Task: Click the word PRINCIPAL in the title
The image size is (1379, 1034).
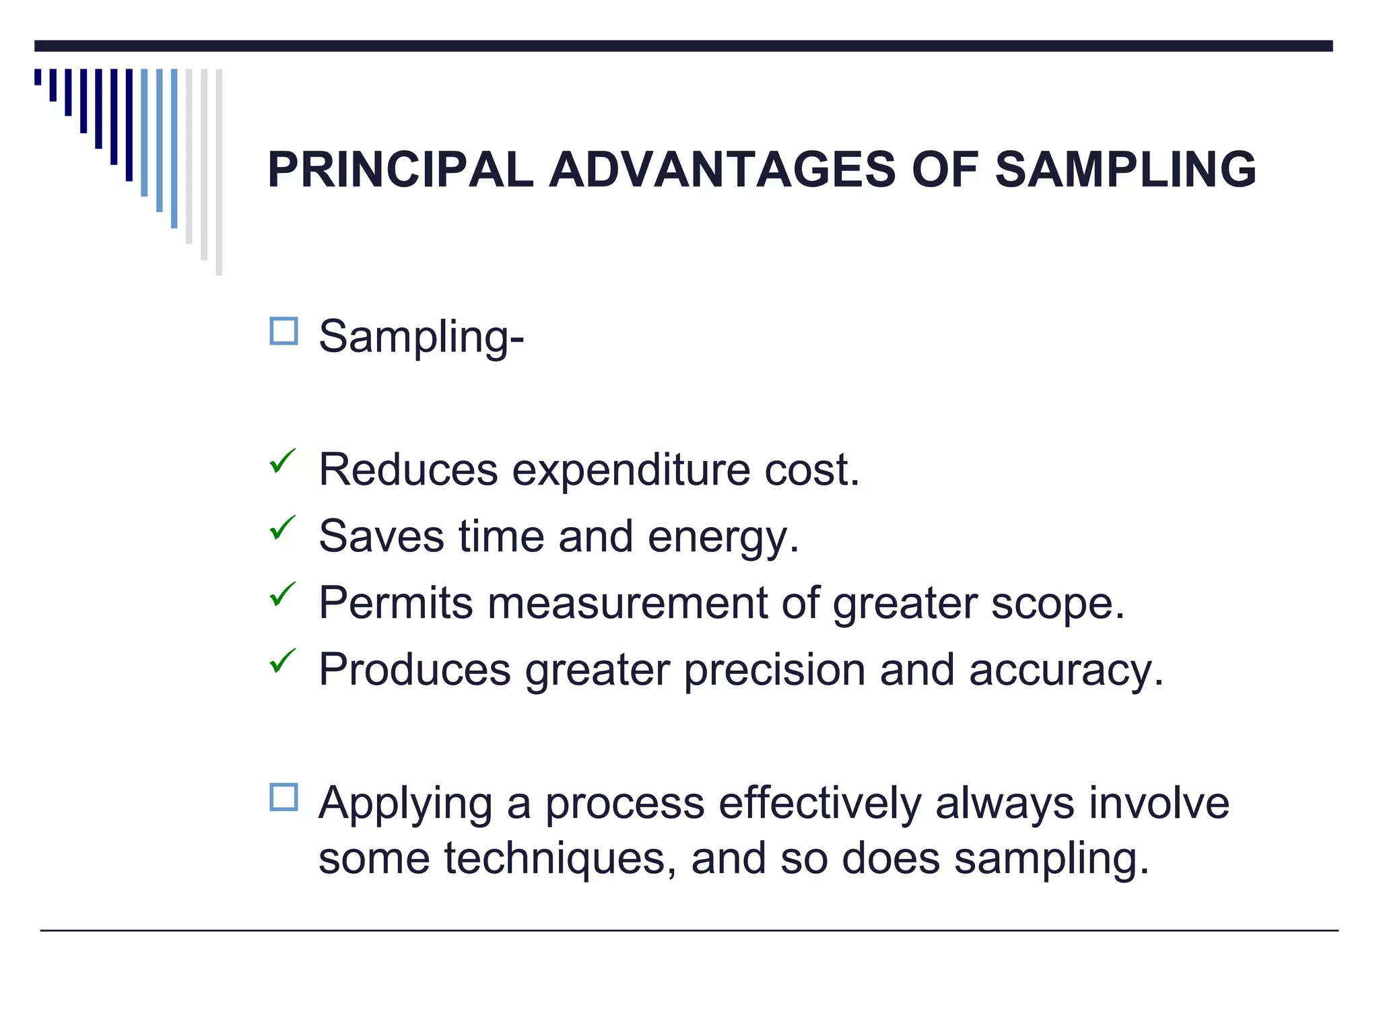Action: [400, 170]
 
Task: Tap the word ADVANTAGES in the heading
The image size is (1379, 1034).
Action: [722, 170]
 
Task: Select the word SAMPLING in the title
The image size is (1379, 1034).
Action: [1125, 170]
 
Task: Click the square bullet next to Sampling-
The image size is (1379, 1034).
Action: [283, 331]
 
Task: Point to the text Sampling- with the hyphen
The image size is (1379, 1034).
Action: [421, 336]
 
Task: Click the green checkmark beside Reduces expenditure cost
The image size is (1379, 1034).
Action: [282, 462]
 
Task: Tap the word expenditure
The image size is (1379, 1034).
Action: [631, 471]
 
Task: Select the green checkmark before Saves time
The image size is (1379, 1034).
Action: [282, 528]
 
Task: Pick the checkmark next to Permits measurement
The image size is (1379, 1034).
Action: [282, 594]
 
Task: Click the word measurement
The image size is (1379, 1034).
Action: [627, 603]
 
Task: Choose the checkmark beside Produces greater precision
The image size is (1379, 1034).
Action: [282, 661]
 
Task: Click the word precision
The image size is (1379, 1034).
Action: [774, 670]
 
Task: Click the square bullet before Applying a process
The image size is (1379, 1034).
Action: [283, 797]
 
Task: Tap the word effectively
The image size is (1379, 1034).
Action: [819, 804]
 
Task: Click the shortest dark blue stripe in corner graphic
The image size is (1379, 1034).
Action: [38, 77]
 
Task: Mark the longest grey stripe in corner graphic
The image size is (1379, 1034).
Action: [219, 172]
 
